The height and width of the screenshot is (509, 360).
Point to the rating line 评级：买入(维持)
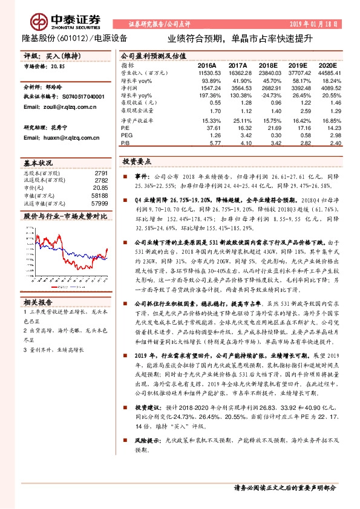[51, 55]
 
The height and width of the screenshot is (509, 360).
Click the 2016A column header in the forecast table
[206, 65]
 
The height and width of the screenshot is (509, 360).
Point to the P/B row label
[125, 144]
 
